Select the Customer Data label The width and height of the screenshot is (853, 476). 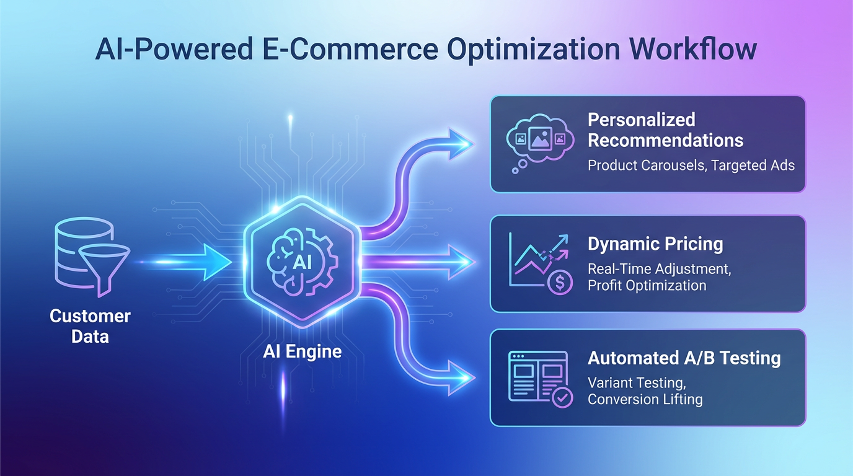(x=90, y=326)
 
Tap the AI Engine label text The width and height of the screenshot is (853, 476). (x=302, y=351)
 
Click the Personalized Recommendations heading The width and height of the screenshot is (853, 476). (x=665, y=130)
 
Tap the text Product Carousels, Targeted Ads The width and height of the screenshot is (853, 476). (x=691, y=165)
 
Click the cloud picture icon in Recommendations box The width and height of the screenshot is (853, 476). (x=537, y=140)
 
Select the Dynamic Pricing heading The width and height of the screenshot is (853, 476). (x=655, y=244)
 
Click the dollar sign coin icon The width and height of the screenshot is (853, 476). (x=560, y=282)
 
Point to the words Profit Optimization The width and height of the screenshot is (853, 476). (x=647, y=285)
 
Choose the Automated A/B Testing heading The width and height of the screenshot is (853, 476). (x=684, y=358)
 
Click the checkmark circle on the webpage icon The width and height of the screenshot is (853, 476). (x=562, y=397)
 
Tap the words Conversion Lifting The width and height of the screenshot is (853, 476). (x=645, y=399)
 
